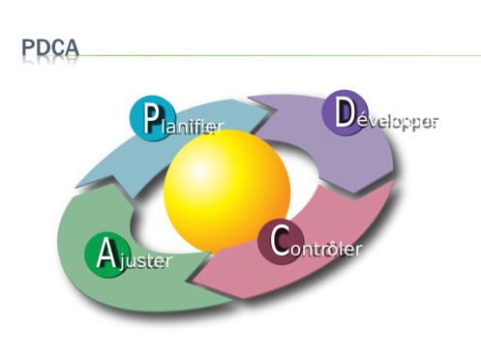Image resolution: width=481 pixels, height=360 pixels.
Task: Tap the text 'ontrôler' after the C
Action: point(325,249)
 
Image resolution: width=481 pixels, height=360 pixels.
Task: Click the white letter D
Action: point(344,112)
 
